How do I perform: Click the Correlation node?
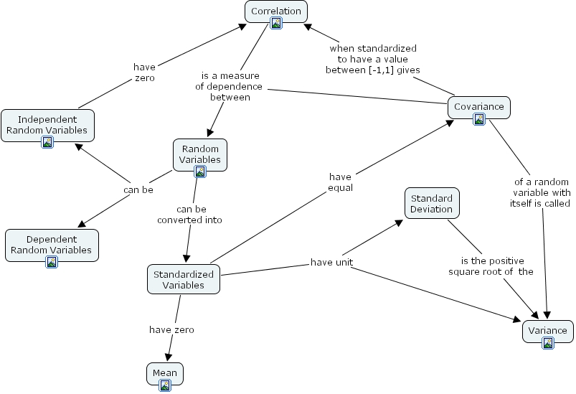(x=276, y=11)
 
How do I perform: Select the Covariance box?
(x=479, y=107)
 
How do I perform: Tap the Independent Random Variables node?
(x=47, y=124)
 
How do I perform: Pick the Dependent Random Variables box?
(x=52, y=244)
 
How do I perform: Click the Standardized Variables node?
(x=183, y=279)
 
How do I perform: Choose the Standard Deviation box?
(x=432, y=203)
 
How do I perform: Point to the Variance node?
(x=547, y=330)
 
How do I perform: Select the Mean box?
(x=164, y=373)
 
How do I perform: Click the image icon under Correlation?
(x=276, y=23)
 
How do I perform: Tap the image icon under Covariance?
(x=479, y=119)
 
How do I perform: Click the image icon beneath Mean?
(x=165, y=385)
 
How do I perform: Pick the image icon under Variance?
(x=548, y=343)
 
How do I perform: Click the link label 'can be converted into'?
(x=189, y=215)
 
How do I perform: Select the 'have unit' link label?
(x=331, y=262)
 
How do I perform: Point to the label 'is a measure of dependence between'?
(x=229, y=86)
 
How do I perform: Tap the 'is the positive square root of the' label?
(x=491, y=266)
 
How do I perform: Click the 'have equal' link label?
(x=340, y=182)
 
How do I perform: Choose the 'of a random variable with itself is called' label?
(x=542, y=192)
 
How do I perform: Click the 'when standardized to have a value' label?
(x=373, y=59)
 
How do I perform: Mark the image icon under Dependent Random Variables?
(x=52, y=262)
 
